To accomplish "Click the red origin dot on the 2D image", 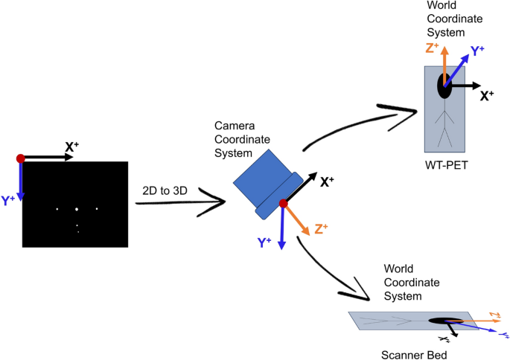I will coord(21,158).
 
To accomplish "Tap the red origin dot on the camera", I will coord(283,203).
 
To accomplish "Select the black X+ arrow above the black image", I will coord(45,158).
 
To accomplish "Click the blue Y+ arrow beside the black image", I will coord(21,182).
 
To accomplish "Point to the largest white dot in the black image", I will coord(77,210).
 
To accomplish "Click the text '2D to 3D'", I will coord(165,190).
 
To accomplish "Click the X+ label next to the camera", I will coord(327,181).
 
